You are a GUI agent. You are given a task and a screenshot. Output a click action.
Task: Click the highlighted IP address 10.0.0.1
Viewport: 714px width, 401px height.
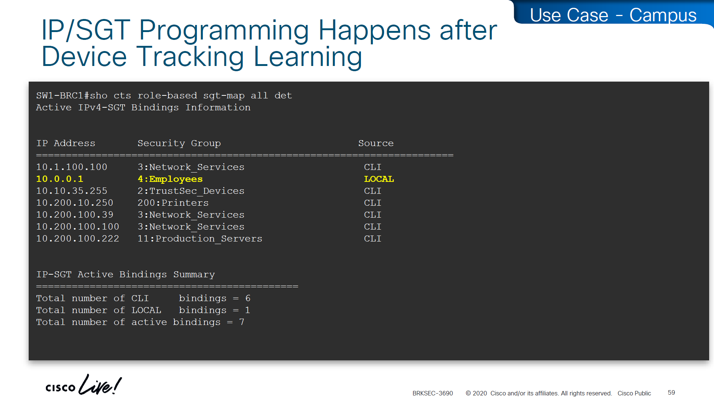tap(60, 179)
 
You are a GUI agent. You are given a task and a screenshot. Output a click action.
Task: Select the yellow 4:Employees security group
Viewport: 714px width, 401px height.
tap(170, 179)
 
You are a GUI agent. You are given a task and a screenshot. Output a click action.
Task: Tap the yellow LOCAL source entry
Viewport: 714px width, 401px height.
tap(379, 179)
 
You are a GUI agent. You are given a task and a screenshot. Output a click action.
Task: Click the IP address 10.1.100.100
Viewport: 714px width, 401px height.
tap(72, 167)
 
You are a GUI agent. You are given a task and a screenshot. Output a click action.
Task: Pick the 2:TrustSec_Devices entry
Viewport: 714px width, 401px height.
tap(191, 191)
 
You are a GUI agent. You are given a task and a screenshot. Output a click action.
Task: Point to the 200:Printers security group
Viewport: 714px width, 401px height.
tap(173, 203)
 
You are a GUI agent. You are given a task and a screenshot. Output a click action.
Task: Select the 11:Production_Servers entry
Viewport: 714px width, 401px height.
tap(200, 239)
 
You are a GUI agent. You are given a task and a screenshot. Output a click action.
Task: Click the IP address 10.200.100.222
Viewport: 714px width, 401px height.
tap(78, 239)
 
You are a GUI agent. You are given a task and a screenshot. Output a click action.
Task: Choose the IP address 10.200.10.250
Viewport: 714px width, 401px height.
tap(75, 203)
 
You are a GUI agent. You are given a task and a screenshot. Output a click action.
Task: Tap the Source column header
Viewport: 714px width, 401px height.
tap(376, 143)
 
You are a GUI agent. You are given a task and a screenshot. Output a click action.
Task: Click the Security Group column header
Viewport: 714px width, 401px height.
tap(179, 143)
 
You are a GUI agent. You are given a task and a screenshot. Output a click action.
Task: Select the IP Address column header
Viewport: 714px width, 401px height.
tap(66, 143)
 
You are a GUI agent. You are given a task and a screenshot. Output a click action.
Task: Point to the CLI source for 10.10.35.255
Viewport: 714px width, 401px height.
tap(372, 191)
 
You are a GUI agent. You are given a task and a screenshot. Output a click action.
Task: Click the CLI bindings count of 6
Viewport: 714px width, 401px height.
tap(248, 298)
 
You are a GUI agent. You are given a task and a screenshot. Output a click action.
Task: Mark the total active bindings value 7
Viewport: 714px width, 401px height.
tap(242, 322)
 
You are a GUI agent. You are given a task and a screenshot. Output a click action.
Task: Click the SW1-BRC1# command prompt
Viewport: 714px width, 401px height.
tap(63, 95)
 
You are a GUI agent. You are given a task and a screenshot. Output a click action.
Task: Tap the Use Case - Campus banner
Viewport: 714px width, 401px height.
tap(613, 15)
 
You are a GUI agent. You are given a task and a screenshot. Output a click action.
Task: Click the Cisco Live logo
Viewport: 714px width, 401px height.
tap(84, 385)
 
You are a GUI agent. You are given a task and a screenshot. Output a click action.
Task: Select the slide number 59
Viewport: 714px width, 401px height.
tap(671, 392)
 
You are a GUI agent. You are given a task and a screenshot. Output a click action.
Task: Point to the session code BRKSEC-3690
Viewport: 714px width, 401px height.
tap(433, 393)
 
